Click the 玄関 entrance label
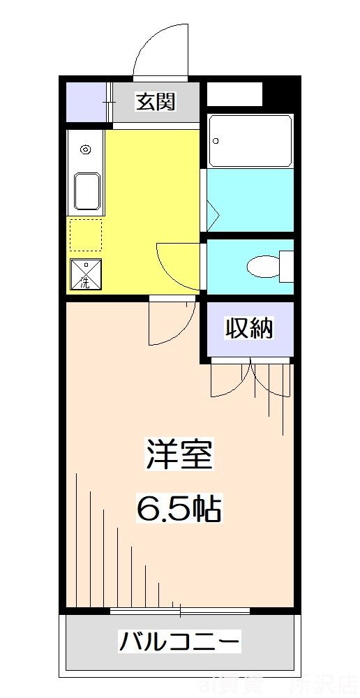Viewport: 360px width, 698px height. [x=156, y=102]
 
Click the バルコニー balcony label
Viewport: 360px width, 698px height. [x=180, y=639]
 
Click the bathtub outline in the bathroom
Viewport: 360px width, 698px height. [x=250, y=141]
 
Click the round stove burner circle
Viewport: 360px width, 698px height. [x=86, y=149]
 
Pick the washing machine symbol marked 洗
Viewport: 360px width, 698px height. [x=85, y=275]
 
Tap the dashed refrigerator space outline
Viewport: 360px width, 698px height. [x=85, y=235]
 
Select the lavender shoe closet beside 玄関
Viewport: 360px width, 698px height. [x=87, y=102]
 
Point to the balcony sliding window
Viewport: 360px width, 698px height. [x=180, y=611]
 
